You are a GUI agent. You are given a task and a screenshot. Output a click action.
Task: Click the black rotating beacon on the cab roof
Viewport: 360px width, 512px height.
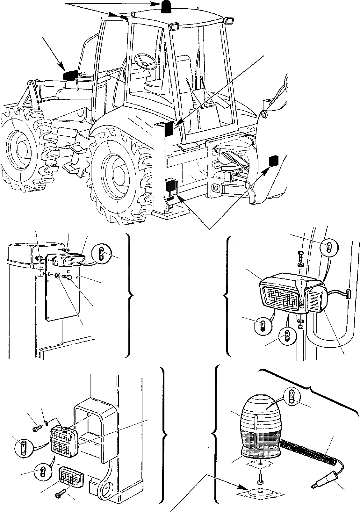click(x=166, y=7)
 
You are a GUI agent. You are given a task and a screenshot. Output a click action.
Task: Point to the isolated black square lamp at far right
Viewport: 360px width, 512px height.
click(x=273, y=161)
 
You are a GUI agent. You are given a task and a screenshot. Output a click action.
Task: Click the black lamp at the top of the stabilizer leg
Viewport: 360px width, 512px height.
click(x=169, y=128)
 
